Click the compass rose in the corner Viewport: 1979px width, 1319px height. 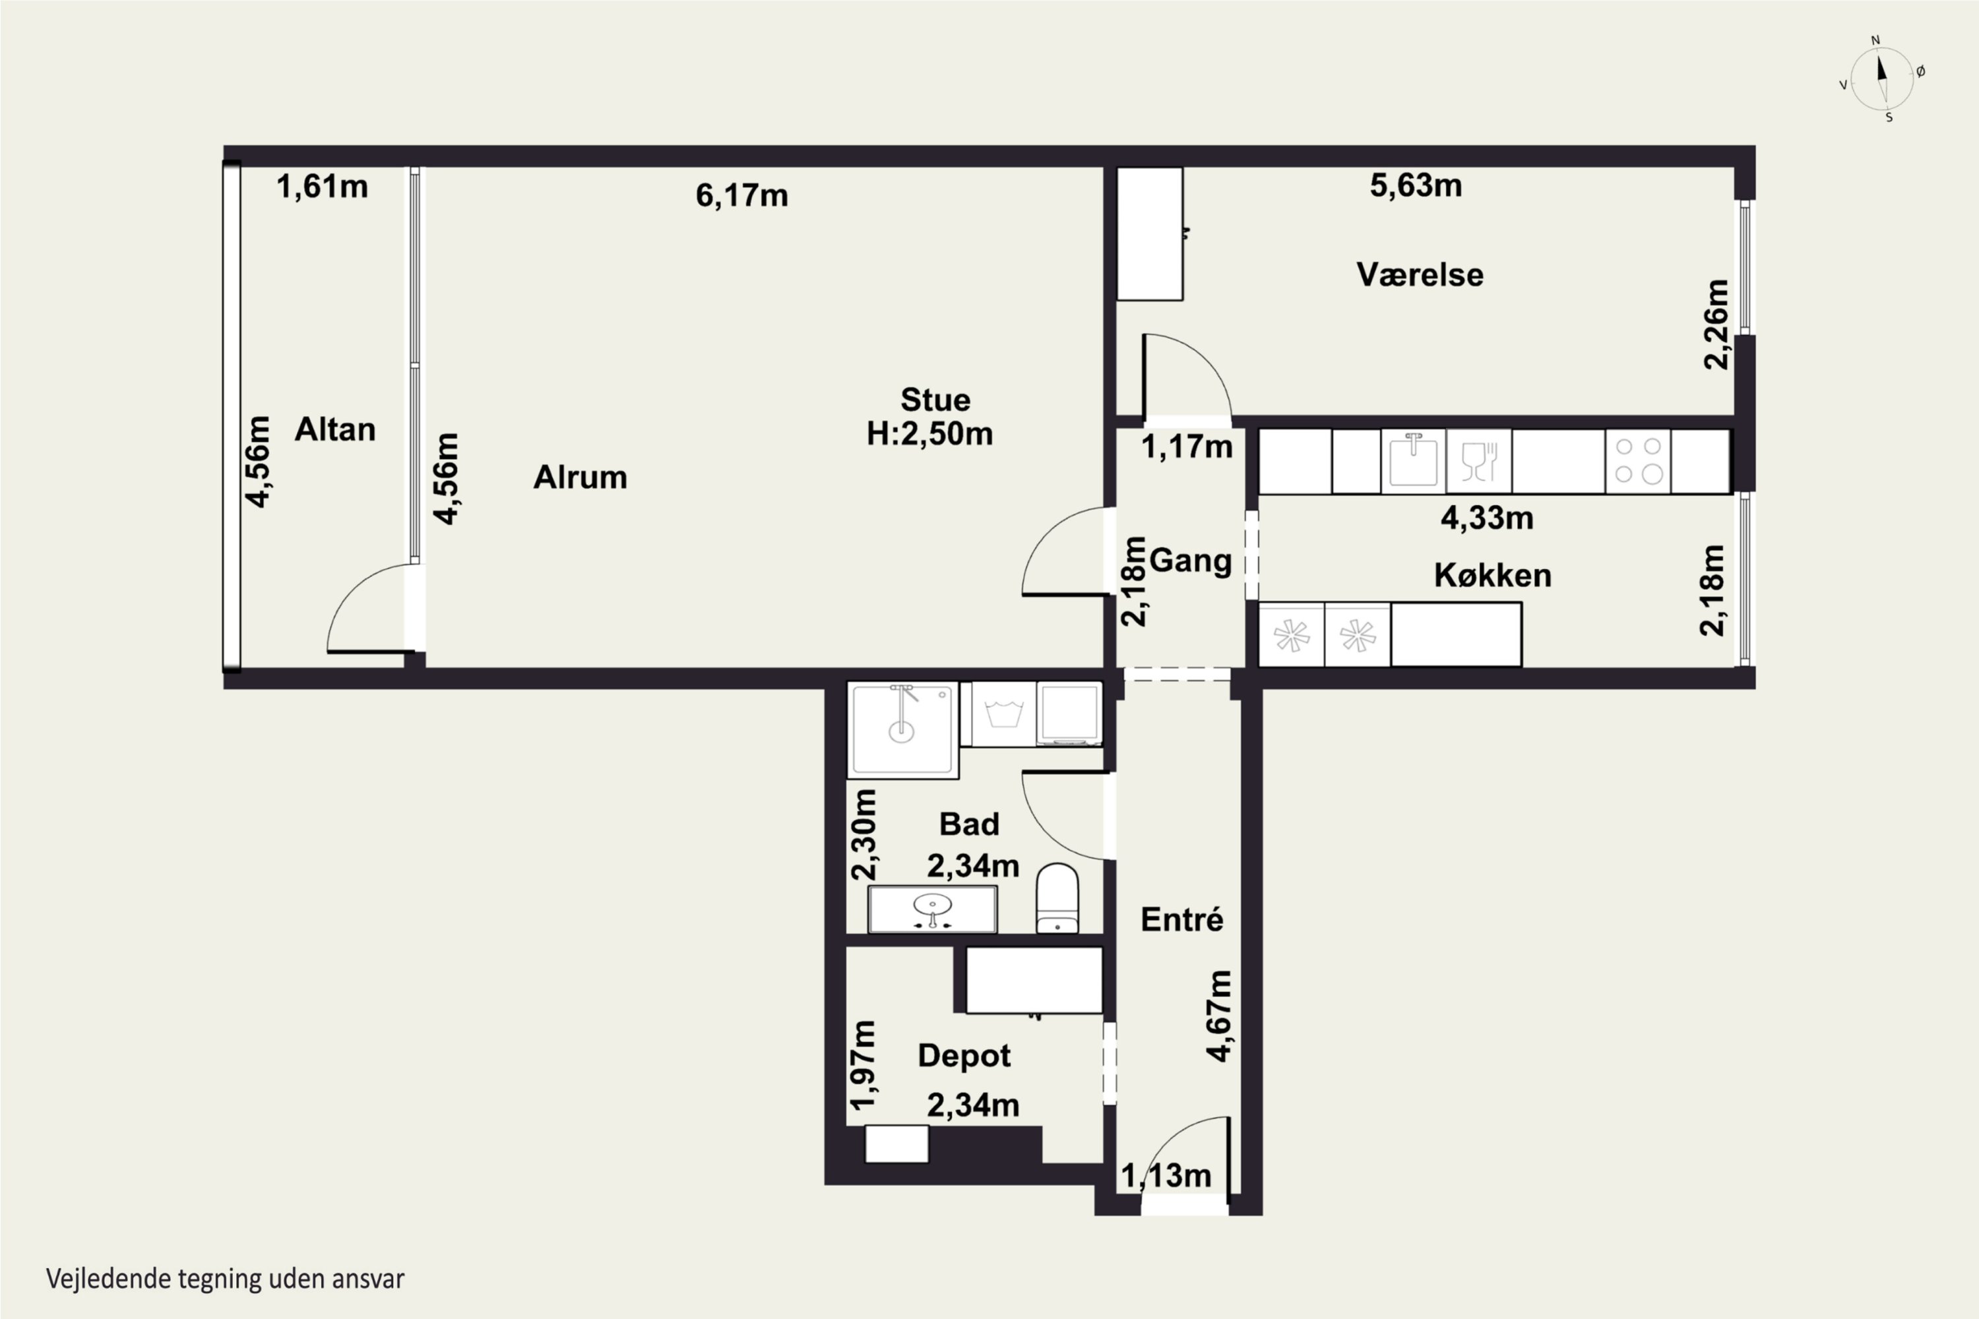(x=1882, y=79)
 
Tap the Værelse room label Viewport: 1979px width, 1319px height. (x=1420, y=275)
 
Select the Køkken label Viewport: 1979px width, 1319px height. (x=1493, y=575)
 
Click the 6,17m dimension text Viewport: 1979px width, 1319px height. (x=741, y=196)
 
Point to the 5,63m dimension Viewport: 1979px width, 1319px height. (x=1416, y=185)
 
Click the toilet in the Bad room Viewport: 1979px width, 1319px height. (x=1057, y=898)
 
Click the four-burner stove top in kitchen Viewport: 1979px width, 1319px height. (x=1638, y=461)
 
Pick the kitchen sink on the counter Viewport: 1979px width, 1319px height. (x=1414, y=461)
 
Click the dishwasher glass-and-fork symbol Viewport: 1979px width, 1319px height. (x=1479, y=461)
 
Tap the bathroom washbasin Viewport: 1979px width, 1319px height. (x=932, y=909)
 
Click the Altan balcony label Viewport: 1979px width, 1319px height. (x=335, y=430)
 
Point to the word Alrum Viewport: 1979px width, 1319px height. (x=581, y=477)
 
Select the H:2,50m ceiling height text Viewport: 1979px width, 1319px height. (x=929, y=434)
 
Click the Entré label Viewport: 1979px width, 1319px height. (x=1182, y=919)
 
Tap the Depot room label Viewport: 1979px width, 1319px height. (x=964, y=1057)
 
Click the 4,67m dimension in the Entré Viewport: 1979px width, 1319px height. (x=1219, y=1016)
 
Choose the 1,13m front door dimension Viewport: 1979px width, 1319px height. (x=1166, y=1176)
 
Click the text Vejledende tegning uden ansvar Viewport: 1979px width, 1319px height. (x=226, y=1279)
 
